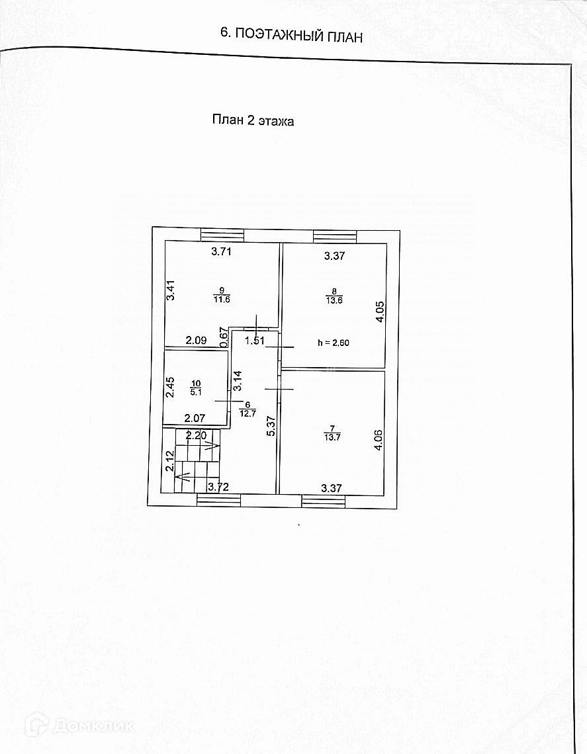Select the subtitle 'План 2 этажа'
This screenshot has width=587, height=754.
point(252,120)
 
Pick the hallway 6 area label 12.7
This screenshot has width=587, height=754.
point(248,409)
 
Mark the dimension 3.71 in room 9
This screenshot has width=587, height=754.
point(222,251)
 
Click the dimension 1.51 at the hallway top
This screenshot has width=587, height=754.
point(255,341)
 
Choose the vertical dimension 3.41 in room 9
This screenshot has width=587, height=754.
point(170,292)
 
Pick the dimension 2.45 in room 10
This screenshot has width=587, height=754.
point(169,387)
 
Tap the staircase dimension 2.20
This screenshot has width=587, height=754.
point(197,435)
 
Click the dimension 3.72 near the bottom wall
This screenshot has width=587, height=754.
point(219,487)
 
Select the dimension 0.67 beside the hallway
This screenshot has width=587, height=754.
point(224,338)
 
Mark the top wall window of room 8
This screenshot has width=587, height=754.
point(335,236)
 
